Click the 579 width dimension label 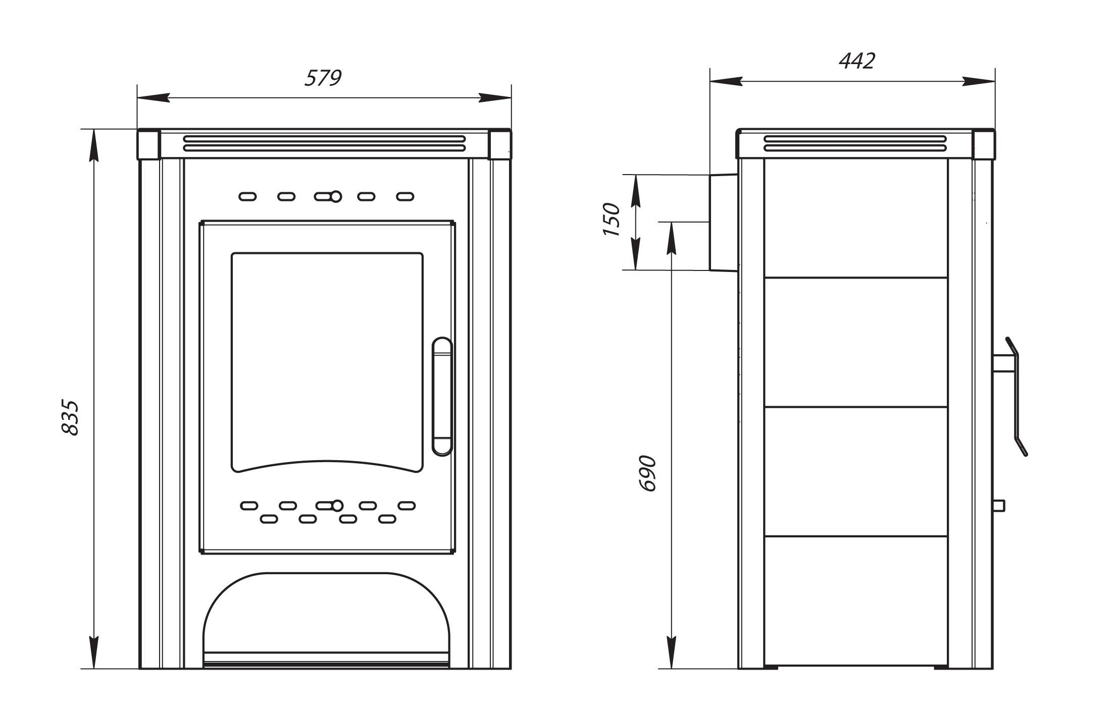(x=323, y=78)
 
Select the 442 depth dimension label (x=857, y=61)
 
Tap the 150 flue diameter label (x=611, y=220)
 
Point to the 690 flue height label (x=647, y=473)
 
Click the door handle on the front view (x=442, y=397)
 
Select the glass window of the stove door (x=327, y=362)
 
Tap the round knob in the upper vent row (x=336, y=196)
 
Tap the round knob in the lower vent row (x=337, y=505)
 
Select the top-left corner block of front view (x=149, y=144)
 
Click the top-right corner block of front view (x=499, y=144)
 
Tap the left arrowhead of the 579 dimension (x=153, y=98)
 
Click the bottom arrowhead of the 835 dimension (x=94, y=653)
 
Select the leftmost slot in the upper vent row (x=247, y=196)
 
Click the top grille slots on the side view (x=855, y=143)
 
